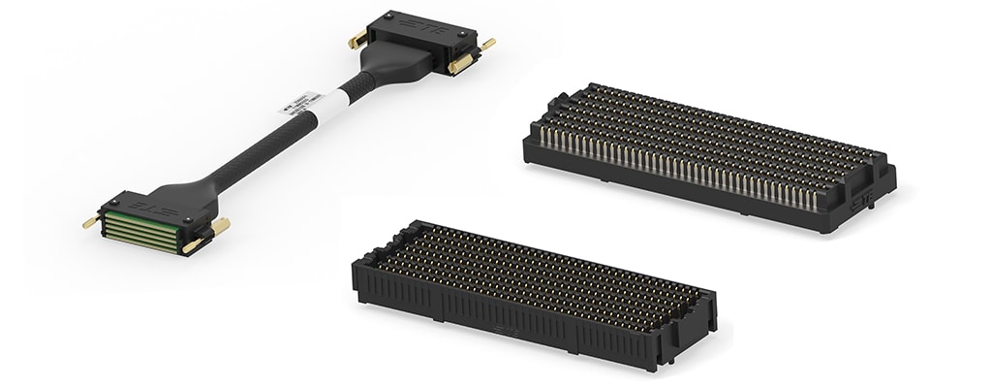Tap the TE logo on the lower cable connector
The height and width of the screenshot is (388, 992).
click(x=145, y=206)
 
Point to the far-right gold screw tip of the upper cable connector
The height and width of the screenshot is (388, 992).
click(x=487, y=44)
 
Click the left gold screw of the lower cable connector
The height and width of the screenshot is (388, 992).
click(x=90, y=222)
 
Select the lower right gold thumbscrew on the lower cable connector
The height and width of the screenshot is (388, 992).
click(x=193, y=244)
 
